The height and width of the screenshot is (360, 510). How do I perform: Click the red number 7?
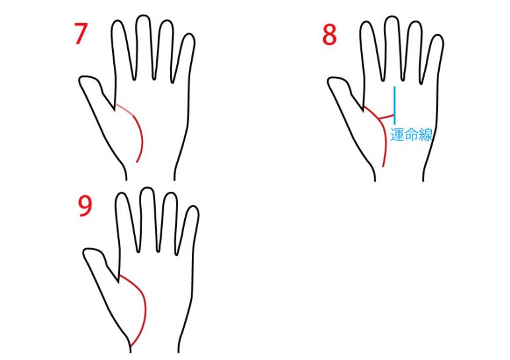[81, 34]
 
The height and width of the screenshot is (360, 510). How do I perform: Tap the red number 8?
[329, 34]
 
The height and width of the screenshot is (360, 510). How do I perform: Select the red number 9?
[85, 206]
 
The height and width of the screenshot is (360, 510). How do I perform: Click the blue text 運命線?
[411, 135]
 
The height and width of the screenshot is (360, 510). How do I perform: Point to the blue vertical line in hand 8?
[395, 105]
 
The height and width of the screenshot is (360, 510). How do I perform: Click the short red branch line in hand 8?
[387, 116]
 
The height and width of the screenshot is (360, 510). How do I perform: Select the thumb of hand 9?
[100, 265]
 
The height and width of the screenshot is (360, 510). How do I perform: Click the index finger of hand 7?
[122, 49]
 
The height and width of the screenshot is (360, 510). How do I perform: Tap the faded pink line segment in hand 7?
[125, 109]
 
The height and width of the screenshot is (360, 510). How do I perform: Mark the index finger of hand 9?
[127, 221]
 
